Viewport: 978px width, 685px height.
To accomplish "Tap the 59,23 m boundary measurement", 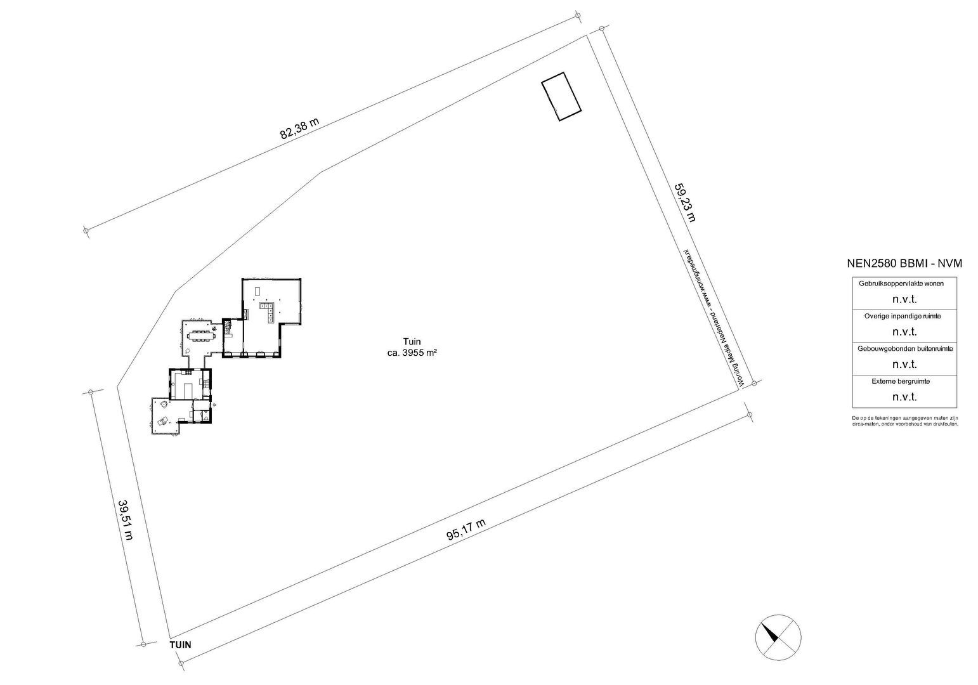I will tap(684, 202).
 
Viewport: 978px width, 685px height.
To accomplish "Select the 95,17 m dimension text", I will tap(466, 529).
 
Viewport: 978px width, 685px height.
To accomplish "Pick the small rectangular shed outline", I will tap(561, 96).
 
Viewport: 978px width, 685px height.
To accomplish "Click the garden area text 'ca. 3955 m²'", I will tap(412, 353).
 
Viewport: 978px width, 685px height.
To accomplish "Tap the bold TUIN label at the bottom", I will tap(180, 644).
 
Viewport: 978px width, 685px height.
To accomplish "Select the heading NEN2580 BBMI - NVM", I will tap(904, 264).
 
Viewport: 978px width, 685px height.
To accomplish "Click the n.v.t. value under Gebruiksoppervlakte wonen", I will tap(904, 298).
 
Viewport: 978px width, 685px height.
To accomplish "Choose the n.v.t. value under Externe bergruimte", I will tap(904, 397).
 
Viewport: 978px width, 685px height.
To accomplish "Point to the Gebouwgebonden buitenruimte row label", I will tap(904, 348).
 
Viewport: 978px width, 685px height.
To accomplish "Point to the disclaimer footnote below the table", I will tap(904, 421).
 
